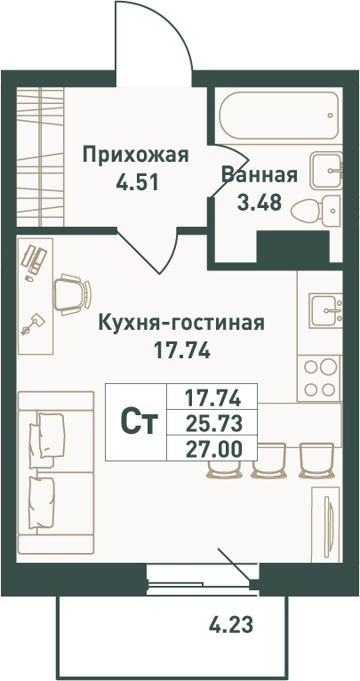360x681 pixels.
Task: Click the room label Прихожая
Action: point(136,155)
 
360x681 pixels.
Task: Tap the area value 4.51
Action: point(136,182)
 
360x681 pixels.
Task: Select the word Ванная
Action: point(260,175)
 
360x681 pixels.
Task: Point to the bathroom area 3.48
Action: point(260,202)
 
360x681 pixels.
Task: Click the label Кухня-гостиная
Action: point(182,323)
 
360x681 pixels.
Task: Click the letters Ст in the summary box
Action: point(138,422)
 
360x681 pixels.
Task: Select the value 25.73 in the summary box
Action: point(212,423)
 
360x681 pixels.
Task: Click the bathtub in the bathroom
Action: point(279,115)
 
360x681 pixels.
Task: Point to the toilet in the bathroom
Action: point(316,211)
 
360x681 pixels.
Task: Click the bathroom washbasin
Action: point(326,171)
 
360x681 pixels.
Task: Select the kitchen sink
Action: point(325,310)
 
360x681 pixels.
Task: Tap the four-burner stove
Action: point(320,378)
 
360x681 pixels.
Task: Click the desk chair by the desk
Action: point(73,294)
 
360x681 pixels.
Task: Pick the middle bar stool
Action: point(268,461)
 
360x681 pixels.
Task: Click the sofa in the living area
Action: point(56,473)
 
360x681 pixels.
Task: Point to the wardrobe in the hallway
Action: point(40,156)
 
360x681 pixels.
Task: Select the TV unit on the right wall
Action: point(325,525)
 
